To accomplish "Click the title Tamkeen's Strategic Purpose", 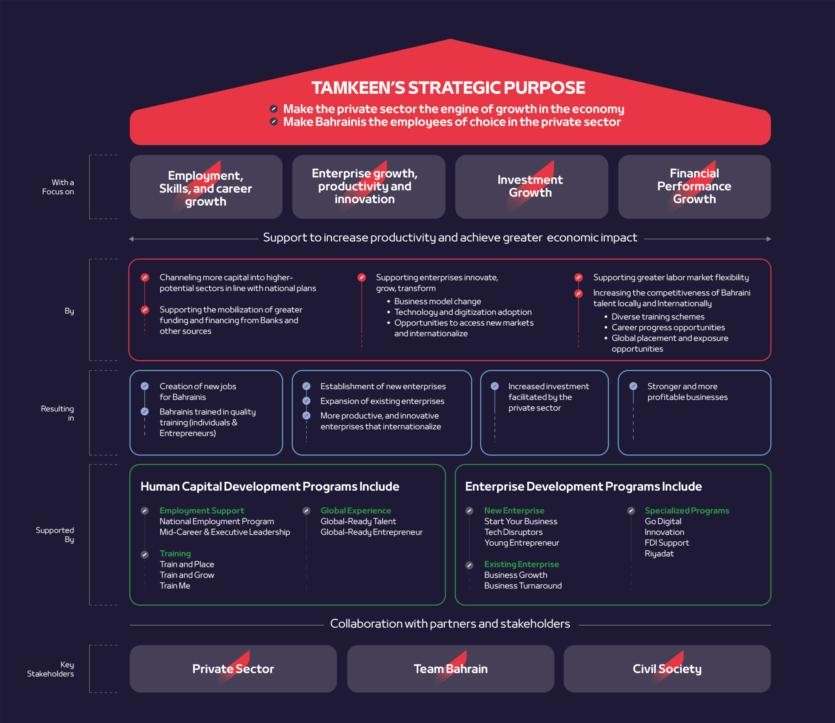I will [448, 88].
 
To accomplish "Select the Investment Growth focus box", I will [531, 187].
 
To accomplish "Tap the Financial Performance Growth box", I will [694, 187].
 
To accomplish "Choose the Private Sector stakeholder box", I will [233, 669].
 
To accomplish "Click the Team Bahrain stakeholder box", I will [451, 669].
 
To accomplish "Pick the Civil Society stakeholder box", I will [667, 669].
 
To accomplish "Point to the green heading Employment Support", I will [202, 511].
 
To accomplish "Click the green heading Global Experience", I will [356, 511].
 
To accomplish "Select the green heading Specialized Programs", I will [687, 511].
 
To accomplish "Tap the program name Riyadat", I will [659, 553].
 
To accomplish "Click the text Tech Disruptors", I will [513, 532].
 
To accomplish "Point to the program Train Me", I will [175, 586].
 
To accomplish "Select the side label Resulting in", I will [57, 413].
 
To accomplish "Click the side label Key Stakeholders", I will [51, 669].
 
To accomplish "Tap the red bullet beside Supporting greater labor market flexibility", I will [578, 278].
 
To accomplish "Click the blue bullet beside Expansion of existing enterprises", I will [307, 401].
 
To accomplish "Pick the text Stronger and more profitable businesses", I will [687, 392].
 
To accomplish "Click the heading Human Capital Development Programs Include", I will [270, 487].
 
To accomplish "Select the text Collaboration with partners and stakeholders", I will [450, 624].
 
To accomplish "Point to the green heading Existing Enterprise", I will [521, 564].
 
